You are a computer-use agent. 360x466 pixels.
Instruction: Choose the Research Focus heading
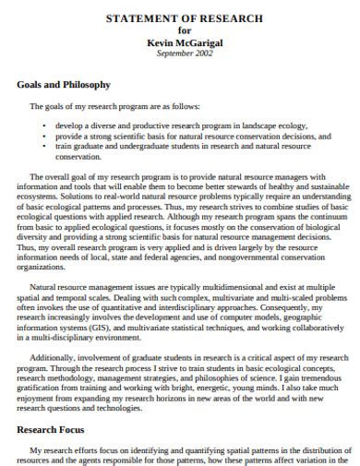coord(55,430)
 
